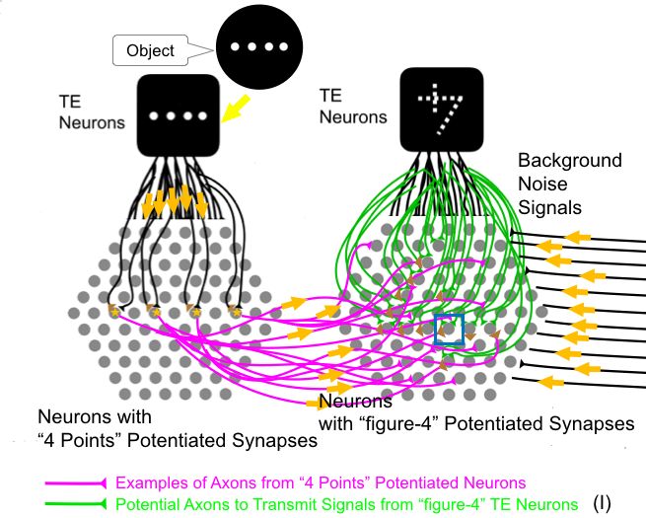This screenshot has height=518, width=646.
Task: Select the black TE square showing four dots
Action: click(178, 115)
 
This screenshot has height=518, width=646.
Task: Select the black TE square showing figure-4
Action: click(442, 113)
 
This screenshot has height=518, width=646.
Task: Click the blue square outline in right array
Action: click(450, 331)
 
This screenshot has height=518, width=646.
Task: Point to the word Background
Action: click(569, 160)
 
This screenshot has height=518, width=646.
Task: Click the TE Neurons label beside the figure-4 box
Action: click(353, 107)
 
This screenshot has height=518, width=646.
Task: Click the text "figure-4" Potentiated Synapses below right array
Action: click(479, 424)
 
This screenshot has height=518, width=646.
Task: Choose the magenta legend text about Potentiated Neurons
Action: click(321, 483)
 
